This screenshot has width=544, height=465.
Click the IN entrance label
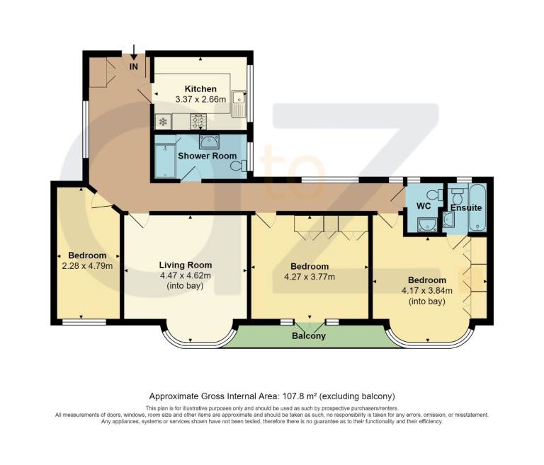134,67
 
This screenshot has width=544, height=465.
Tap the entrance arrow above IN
134,52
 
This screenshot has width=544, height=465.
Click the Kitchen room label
200,88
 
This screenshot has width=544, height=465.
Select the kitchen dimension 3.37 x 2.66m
200,100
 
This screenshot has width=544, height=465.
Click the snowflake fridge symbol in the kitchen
163,122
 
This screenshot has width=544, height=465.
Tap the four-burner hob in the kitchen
198,121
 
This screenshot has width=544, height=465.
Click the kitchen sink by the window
239,103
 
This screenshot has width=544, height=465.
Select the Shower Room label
207,156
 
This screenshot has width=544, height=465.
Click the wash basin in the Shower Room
209,142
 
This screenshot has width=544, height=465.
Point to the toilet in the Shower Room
239,166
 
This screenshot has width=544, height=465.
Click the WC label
424,206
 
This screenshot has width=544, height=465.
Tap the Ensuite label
466,207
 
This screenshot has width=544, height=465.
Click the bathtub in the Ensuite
477,207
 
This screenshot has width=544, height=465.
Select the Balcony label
309,336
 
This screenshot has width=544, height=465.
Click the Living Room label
186,265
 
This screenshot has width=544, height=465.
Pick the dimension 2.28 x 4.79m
87,266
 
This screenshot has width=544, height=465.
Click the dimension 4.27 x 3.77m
310,277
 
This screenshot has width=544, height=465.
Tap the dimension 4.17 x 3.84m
427,291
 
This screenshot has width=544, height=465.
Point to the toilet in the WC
435,195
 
